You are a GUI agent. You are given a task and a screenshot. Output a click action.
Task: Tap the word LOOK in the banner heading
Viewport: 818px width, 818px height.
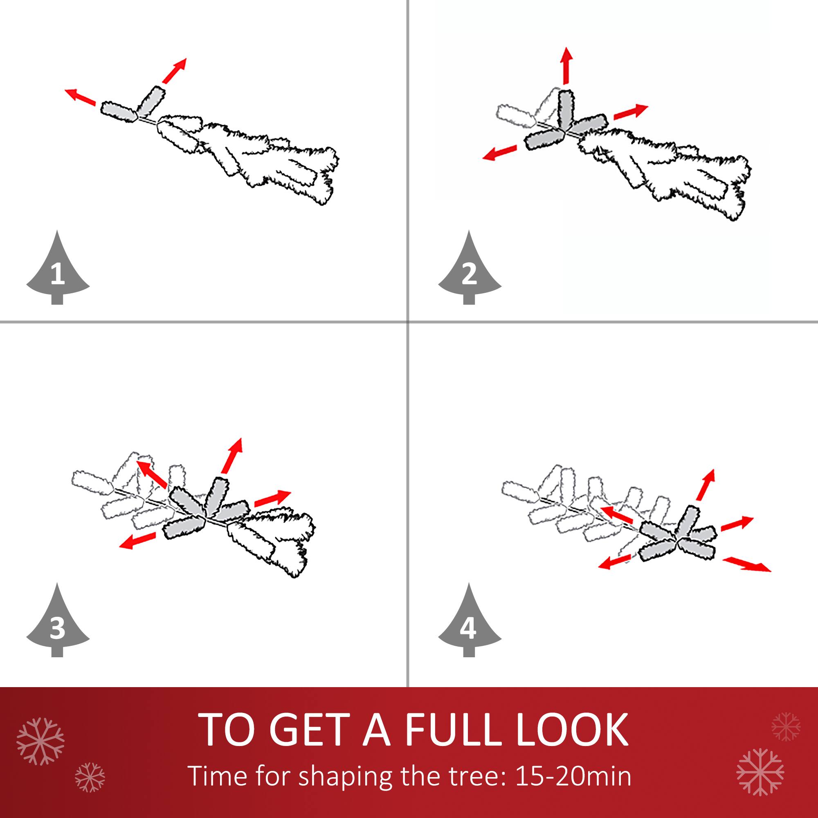[x=572, y=730]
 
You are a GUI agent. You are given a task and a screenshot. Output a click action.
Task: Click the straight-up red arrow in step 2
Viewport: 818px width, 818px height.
[x=566, y=65]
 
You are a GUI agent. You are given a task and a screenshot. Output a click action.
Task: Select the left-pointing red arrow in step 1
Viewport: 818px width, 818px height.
[x=80, y=97]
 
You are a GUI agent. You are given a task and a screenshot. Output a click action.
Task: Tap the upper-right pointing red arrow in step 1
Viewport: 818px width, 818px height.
[x=174, y=71]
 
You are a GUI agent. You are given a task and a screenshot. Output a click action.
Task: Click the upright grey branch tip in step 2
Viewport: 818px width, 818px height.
[x=565, y=109]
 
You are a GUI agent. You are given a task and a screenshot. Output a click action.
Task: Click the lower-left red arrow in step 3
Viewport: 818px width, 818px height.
[x=137, y=541]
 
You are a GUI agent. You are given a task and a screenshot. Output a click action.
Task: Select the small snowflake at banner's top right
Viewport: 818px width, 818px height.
[x=786, y=726]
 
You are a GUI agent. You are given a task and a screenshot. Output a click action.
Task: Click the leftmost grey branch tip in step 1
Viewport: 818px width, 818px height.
[x=119, y=112]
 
